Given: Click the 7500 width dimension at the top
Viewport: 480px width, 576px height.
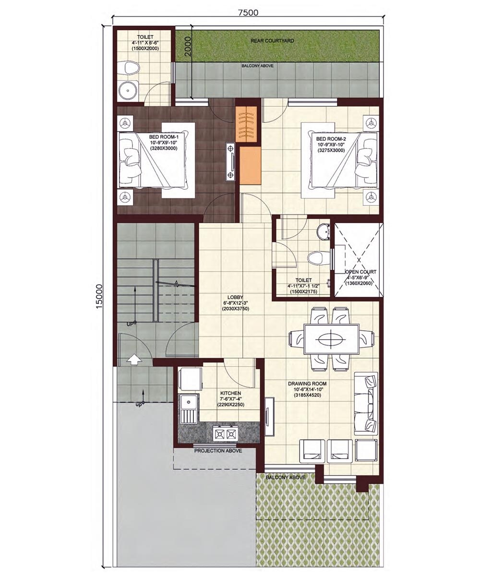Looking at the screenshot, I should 248,12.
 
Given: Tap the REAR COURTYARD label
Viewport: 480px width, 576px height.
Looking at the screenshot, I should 272,41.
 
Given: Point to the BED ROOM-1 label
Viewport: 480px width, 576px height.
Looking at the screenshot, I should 163,137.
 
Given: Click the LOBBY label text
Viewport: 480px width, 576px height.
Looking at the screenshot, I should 235,298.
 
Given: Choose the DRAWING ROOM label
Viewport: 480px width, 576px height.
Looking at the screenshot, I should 307,384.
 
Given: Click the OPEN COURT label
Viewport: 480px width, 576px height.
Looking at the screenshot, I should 361,272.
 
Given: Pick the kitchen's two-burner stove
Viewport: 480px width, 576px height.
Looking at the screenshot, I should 225,434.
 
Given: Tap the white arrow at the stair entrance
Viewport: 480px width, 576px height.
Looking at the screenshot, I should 134,359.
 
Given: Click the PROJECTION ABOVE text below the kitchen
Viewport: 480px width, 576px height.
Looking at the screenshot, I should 218,451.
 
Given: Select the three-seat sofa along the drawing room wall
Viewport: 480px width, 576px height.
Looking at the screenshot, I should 366,402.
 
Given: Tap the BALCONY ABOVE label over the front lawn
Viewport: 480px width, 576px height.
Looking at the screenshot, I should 286,478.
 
